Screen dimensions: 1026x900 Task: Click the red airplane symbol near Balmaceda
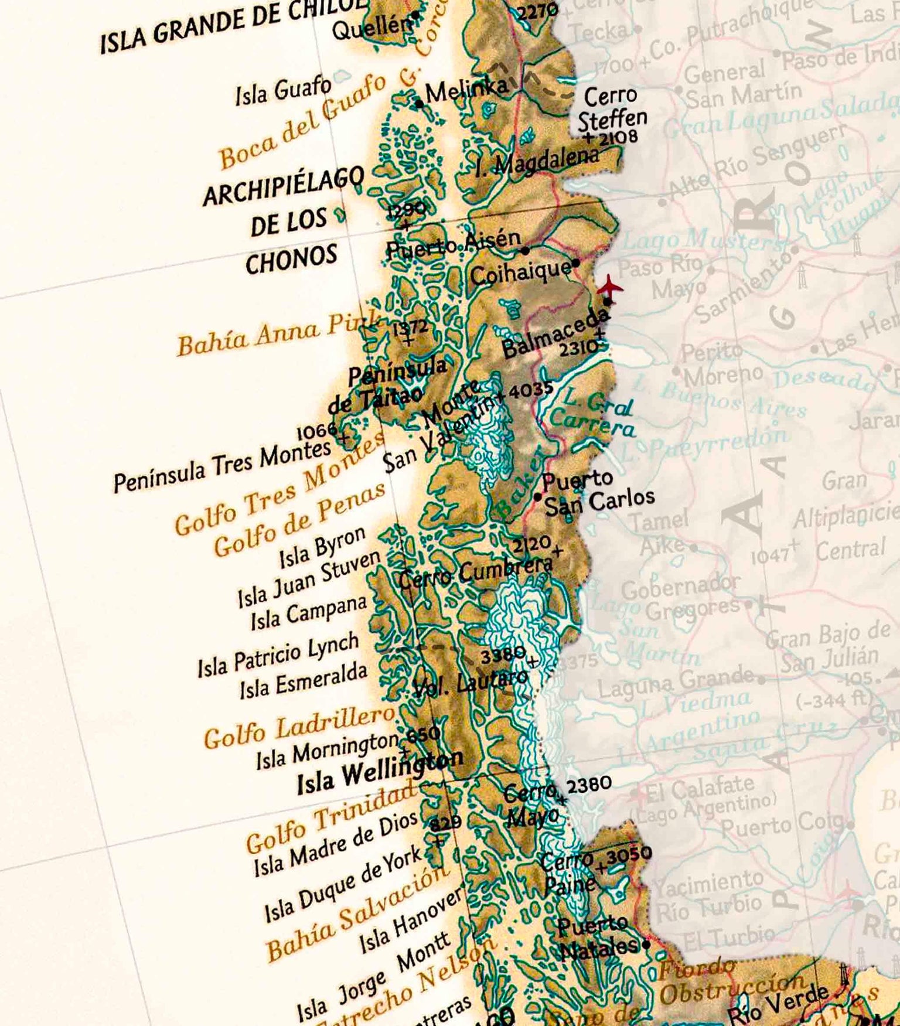[x=610, y=287]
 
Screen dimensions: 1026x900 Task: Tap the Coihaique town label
[x=520, y=272]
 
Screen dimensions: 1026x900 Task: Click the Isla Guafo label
[x=283, y=91]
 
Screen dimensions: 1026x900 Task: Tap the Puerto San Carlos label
[x=598, y=493]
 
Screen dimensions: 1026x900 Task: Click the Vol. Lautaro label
[x=469, y=684]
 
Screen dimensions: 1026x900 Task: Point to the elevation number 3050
[x=629, y=854]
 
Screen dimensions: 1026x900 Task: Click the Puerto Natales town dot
[x=646, y=945]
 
